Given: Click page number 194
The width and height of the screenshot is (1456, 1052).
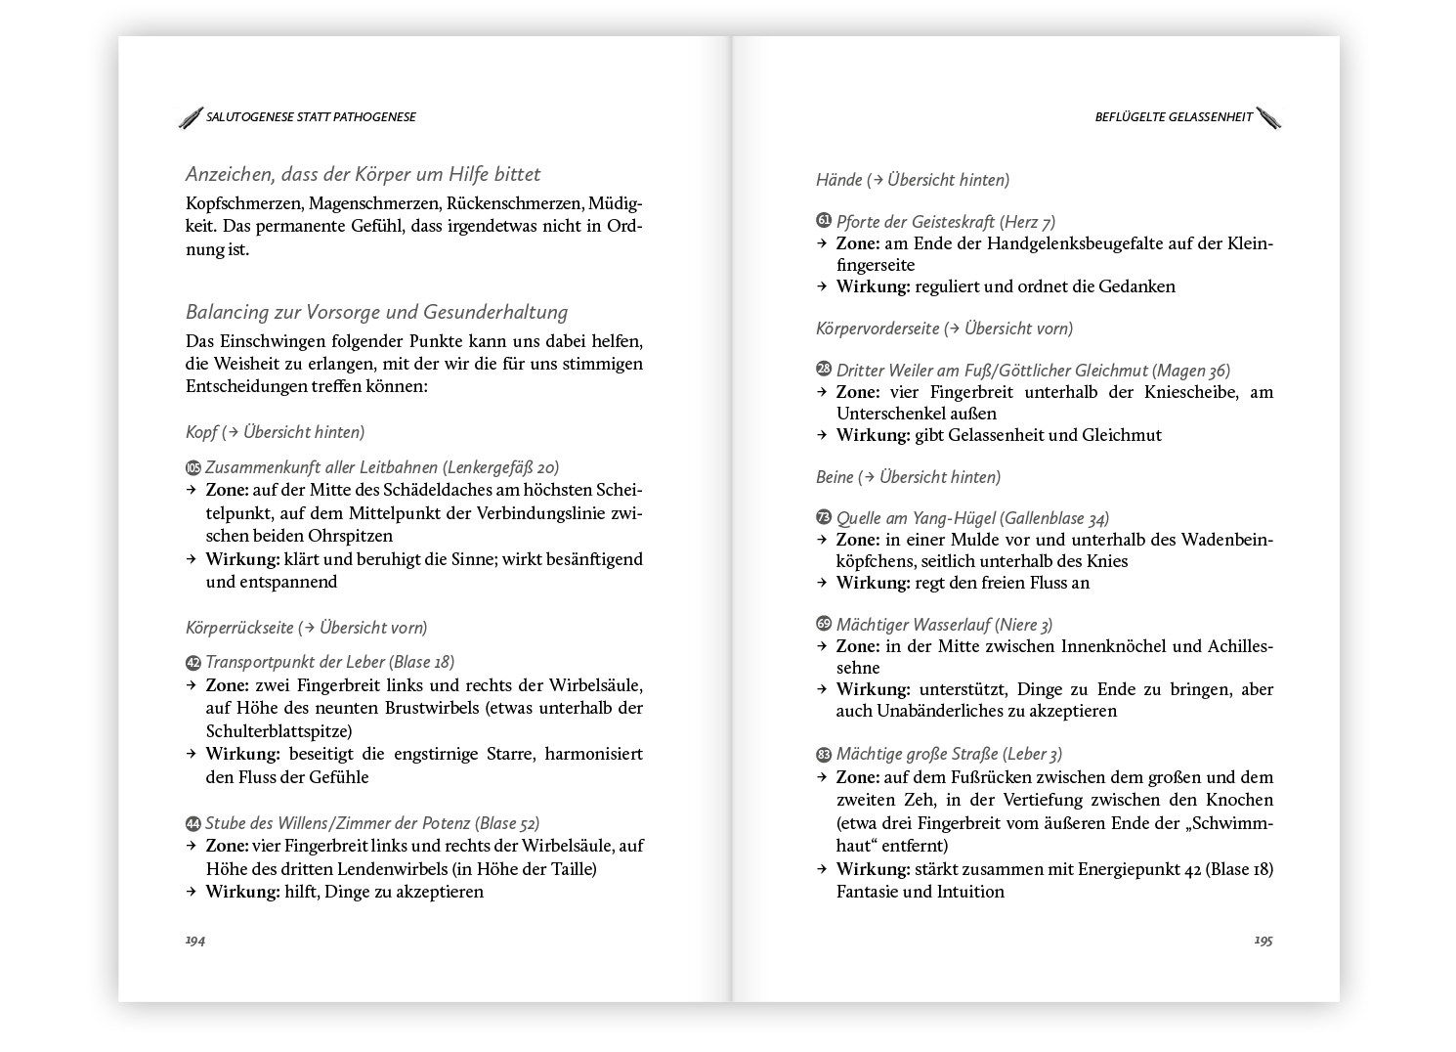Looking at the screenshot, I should tap(195, 941).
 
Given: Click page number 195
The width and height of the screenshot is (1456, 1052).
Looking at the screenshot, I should tap(1263, 941).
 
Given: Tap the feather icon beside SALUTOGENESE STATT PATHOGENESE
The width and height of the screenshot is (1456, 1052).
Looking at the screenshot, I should tap(191, 117).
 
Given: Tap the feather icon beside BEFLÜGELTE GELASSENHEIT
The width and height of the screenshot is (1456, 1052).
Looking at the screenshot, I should tap(1268, 117).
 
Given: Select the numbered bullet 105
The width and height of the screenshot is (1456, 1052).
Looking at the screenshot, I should tap(193, 468).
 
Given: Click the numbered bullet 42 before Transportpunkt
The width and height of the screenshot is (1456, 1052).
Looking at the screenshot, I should tap(193, 663).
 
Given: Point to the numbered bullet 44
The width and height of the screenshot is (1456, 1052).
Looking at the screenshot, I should tap(193, 824).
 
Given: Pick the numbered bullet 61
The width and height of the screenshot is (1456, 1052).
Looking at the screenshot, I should tap(824, 222).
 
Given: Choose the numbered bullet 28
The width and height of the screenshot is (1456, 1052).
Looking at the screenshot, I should tap(824, 371).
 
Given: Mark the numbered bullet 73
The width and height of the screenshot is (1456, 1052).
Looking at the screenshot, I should tap(824, 518).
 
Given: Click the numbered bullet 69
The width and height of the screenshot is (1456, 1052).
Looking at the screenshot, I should tap(824, 625).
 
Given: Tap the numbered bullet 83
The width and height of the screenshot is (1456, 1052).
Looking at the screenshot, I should tap(824, 755).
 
